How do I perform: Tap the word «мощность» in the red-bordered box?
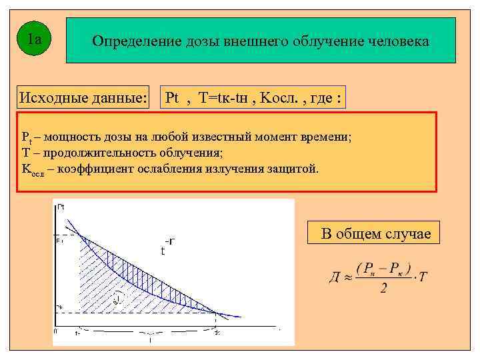coord(69,137)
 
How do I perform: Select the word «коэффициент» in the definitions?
coord(94,169)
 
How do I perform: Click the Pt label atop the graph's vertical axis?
coord(61,207)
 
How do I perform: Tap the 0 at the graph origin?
coord(56,331)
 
